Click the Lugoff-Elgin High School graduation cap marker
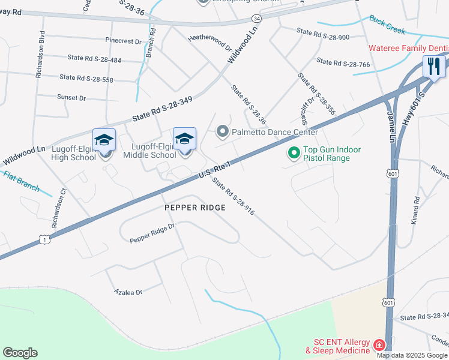tap(104, 140)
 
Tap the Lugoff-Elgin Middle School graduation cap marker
tap(184, 139)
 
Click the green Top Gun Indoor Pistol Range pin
tap(294, 154)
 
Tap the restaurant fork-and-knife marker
tap(432, 66)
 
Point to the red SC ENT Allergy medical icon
tap(379, 346)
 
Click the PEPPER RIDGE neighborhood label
tap(195, 208)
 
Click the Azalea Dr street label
tap(128, 292)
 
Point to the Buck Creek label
tap(387, 25)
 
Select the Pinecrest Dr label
tap(122, 41)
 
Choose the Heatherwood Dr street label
tap(210, 41)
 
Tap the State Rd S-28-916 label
tap(234, 198)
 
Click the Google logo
tap(20, 353)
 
